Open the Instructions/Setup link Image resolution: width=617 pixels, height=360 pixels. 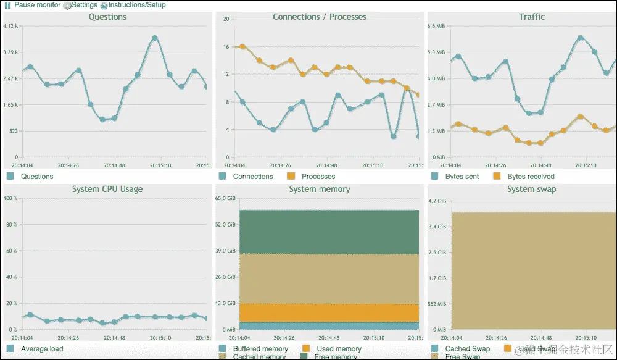[136, 5]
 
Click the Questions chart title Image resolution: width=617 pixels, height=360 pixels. [107, 17]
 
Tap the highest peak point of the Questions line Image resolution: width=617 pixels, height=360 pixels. [155, 38]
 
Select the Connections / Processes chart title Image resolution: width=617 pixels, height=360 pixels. [320, 17]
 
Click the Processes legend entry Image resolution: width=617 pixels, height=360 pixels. [318, 177]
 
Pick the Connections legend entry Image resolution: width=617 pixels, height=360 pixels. [252, 177]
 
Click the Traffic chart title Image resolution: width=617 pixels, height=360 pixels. [532, 17]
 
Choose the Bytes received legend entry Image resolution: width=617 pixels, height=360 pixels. [531, 177]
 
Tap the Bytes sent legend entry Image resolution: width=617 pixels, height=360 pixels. [462, 177]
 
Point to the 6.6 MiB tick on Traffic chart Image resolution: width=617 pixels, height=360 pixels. [436, 26]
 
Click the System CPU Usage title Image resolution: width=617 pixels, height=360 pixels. [107, 189]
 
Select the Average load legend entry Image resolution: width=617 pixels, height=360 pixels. [42, 349]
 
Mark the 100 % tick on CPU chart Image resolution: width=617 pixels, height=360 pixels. [10, 198]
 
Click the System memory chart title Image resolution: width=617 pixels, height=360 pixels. [320, 189]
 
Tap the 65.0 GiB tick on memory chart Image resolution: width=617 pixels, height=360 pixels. [226, 198]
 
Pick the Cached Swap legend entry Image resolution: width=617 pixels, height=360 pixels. [467, 349]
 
